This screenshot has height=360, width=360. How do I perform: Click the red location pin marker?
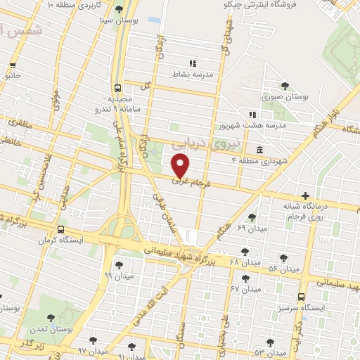[x=181, y=167]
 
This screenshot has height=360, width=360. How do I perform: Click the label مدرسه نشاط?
[x=197, y=74]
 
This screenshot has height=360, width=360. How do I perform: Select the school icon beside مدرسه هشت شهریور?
[x=252, y=115]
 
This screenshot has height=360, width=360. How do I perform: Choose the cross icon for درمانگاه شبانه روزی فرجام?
[x=304, y=195]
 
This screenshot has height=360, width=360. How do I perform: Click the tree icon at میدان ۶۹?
[x=252, y=217]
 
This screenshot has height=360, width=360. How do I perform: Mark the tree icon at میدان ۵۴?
[x=283, y=258]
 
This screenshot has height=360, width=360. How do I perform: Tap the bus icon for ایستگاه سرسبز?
[x=301, y=296]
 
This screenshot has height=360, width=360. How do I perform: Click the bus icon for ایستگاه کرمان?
[x=61, y=229]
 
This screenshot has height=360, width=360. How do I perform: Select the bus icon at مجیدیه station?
[x=117, y=89]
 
